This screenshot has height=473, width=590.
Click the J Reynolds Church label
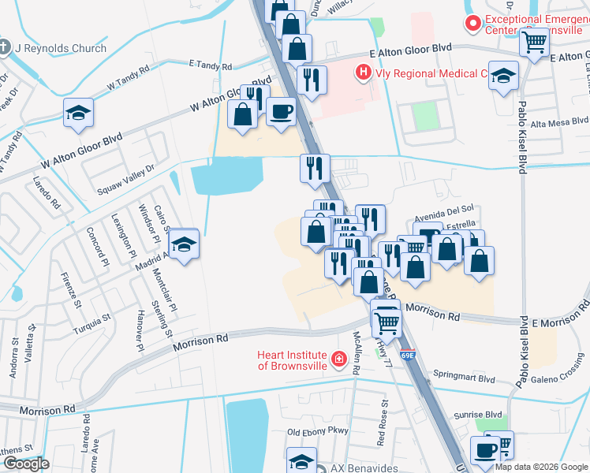[x=60, y=48]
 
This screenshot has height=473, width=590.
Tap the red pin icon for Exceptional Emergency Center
[x=473, y=24]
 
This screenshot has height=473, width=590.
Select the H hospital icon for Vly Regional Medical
[x=363, y=73]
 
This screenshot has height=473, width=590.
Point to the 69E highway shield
[x=407, y=356]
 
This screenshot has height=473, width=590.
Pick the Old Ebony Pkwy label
[x=317, y=432]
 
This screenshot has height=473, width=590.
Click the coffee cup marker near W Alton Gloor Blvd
[x=281, y=112]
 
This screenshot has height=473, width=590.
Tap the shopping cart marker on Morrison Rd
[x=386, y=321]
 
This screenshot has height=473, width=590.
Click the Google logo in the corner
[x=25, y=464]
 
